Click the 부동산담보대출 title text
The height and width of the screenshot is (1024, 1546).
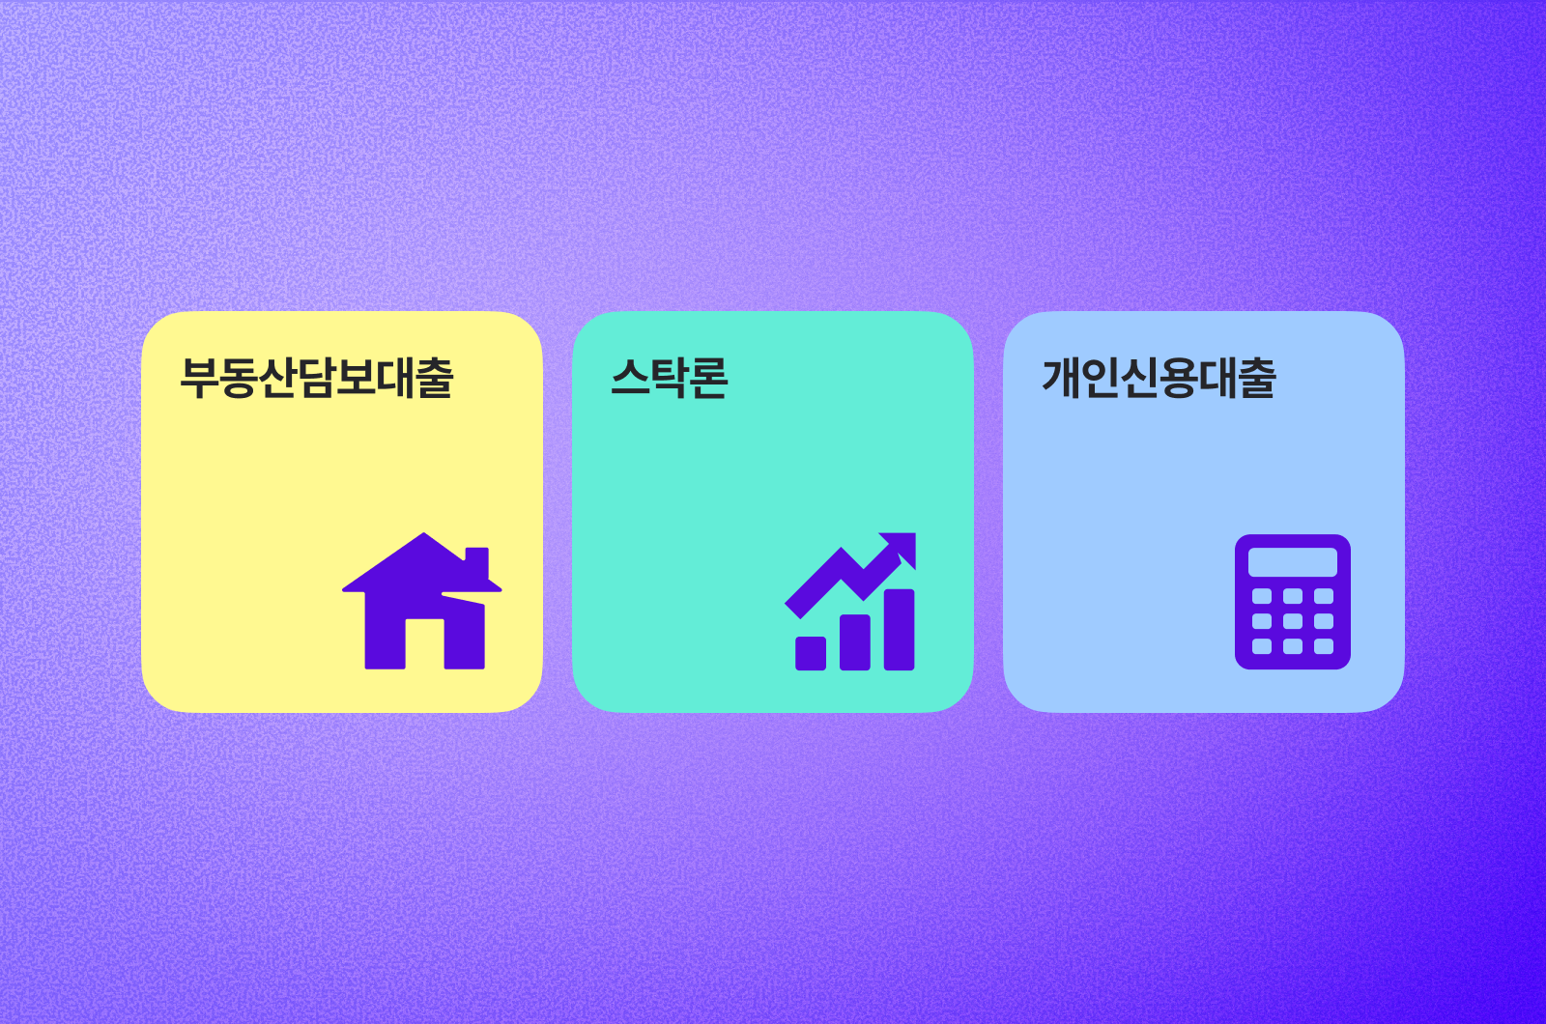pos(317,378)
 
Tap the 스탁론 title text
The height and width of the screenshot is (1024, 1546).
pos(670,378)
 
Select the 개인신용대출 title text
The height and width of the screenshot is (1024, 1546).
pos(1159,378)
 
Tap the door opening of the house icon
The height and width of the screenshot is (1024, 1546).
pos(424,642)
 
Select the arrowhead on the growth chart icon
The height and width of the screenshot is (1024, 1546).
pos(902,547)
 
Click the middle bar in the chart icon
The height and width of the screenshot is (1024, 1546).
pos(855,641)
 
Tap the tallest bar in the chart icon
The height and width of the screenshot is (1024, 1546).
pos(900,629)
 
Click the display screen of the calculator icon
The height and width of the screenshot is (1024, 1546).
pos(1293,562)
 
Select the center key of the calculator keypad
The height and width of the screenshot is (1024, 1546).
pos(1293,621)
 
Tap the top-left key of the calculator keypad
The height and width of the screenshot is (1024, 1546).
pos(1262,596)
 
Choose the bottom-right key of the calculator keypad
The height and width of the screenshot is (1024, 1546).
pos(1324,646)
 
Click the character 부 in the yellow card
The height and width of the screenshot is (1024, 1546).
pos(199,378)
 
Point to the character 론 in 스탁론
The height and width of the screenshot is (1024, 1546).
pos(709,378)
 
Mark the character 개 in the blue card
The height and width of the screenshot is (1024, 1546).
pos(1062,378)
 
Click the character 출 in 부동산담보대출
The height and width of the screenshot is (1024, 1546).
pos(434,378)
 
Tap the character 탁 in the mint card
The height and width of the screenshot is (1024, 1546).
pos(670,378)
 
